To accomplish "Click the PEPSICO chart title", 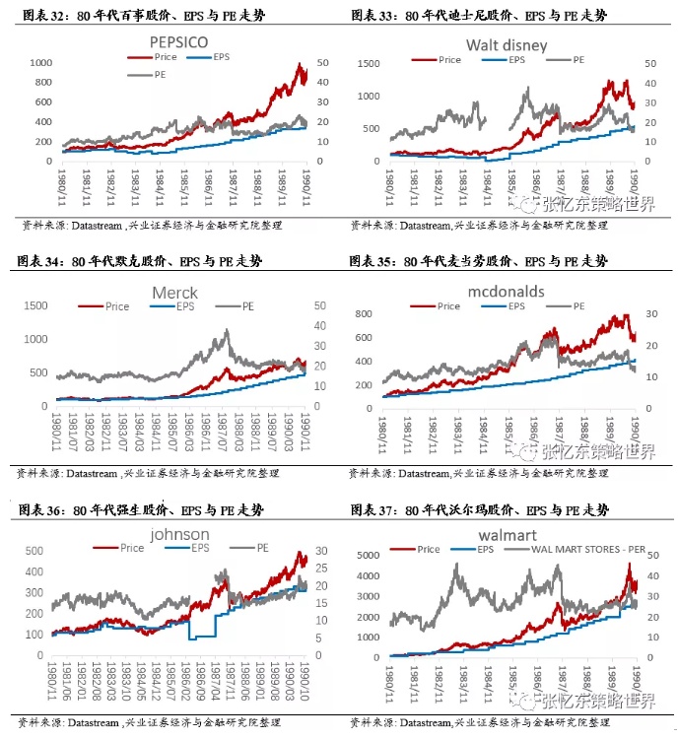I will (179, 42).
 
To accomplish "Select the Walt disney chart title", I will (507, 45).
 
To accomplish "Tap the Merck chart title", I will (174, 293).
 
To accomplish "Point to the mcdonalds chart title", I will (505, 293).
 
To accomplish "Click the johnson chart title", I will (179, 535).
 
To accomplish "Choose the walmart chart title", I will (506, 535).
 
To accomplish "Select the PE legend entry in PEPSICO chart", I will (157, 75).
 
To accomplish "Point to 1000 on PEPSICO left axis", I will (39, 62).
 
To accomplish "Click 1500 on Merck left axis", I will (35, 305).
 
